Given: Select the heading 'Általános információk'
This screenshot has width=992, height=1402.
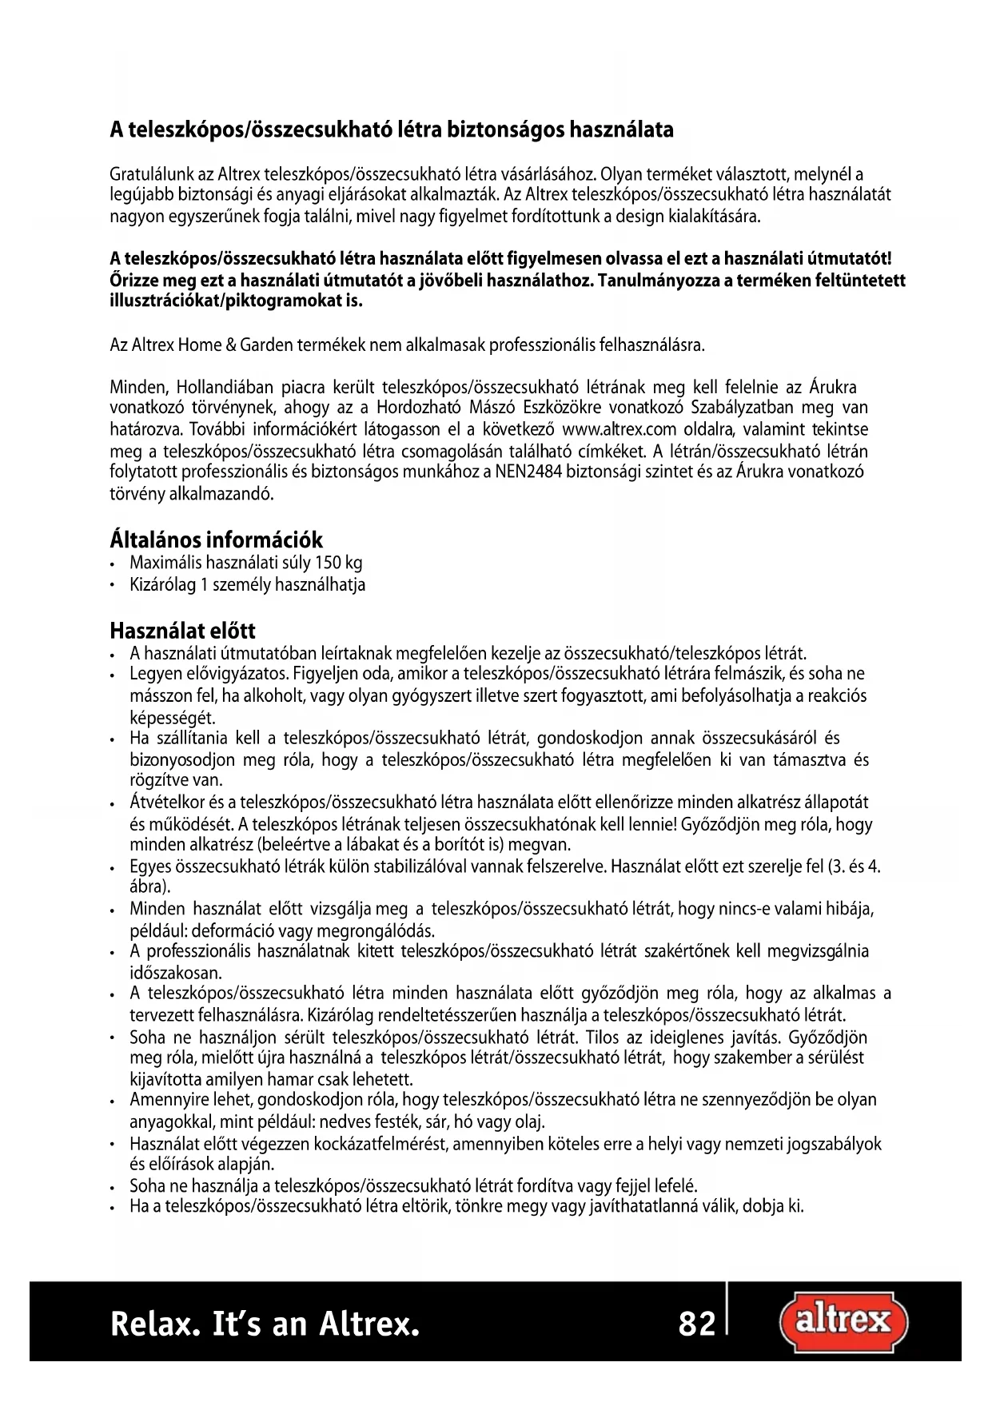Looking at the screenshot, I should pyautogui.click(x=216, y=540).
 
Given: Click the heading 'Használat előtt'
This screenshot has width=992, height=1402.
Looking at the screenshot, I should pyautogui.click(x=182, y=631).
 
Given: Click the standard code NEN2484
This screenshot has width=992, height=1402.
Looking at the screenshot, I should pyautogui.click(x=522, y=472).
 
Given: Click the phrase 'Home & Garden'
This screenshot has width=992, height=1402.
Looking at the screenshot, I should pyautogui.click(x=234, y=346).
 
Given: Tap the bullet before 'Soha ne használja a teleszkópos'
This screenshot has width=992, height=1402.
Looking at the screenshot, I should pyautogui.click(x=114, y=1185).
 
